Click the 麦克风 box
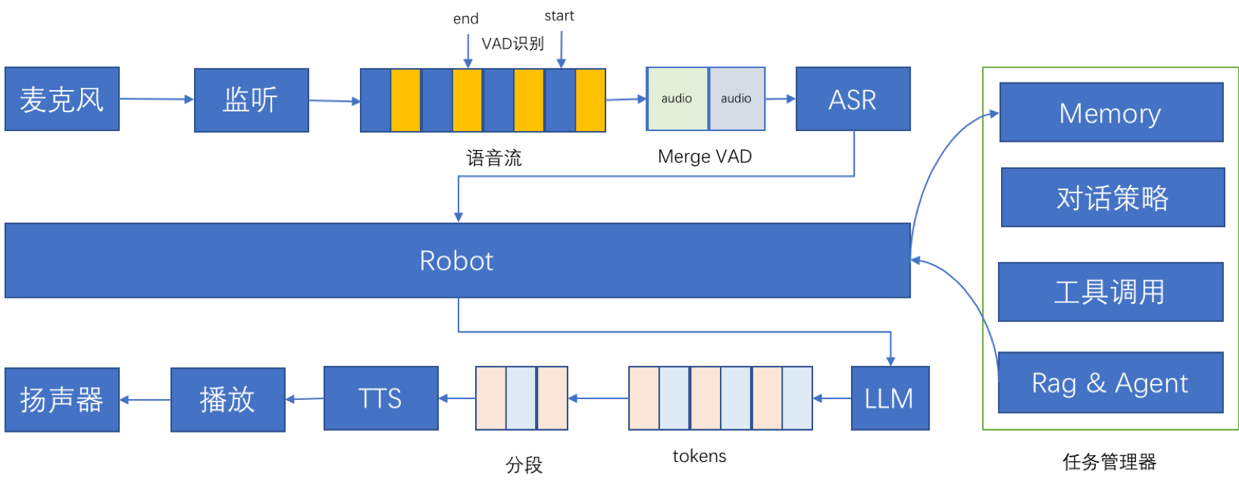tap(62, 99)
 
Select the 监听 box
tap(252, 100)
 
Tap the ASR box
tap(853, 99)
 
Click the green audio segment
tap(677, 98)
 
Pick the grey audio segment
tap(737, 98)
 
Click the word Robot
tap(456, 261)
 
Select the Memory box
tap(1111, 113)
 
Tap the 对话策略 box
tap(1112, 198)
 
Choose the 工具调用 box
tap(1110, 292)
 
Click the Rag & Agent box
tap(1110, 383)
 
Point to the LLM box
tap(890, 398)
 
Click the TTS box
tap(380, 398)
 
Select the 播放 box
tap(227, 399)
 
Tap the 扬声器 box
tap(62, 399)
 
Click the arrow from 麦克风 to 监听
tap(157, 99)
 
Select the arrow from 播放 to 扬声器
tap(145, 399)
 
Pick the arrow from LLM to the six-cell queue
tap(831, 398)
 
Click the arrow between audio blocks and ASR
tap(781, 98)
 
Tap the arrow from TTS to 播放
tap(304, 398)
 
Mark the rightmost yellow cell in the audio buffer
tap(590, 100)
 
